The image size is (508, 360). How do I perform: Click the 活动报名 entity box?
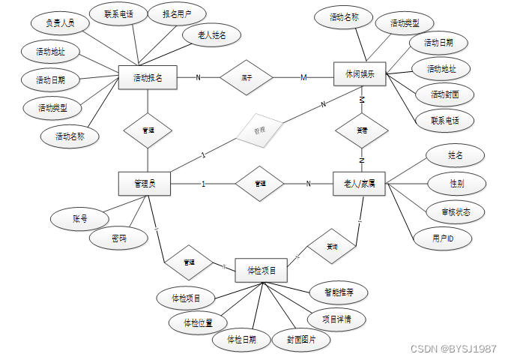pos(148,77)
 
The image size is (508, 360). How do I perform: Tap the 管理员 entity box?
pos(145,184)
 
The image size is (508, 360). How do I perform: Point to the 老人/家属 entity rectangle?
pos(360,184)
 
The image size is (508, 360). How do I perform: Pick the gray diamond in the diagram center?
pos(259,130)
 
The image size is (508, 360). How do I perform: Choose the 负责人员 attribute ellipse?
pos(61,22)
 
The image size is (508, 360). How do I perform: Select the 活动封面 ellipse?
pos(446,95)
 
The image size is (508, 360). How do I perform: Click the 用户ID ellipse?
pos(442,238)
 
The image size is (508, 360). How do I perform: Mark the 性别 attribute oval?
pos(456,183)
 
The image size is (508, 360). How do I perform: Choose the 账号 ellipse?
pos(80,219)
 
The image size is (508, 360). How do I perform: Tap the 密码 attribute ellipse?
pos(118,239)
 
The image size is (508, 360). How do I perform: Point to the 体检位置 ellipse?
pos(193,323)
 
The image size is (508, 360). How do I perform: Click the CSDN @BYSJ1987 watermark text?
pos(454,349)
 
